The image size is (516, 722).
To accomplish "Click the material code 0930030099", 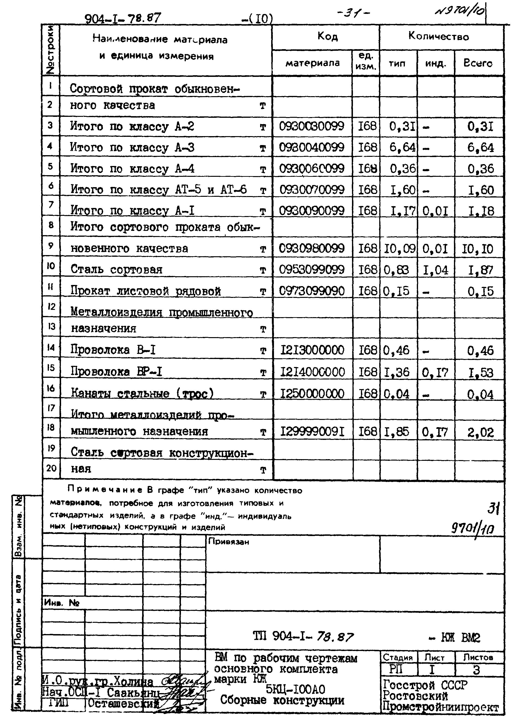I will [311, 126].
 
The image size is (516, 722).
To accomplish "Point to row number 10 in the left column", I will [51, 266].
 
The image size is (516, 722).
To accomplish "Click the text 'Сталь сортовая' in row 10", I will [116, 270].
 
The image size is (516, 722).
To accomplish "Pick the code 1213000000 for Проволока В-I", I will [312, 350].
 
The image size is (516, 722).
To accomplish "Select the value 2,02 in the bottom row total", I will [481, 433].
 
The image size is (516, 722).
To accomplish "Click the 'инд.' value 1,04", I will [435, 270].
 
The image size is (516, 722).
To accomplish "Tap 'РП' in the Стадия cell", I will [396, 670].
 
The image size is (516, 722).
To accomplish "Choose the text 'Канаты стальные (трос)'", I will [142, 394].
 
